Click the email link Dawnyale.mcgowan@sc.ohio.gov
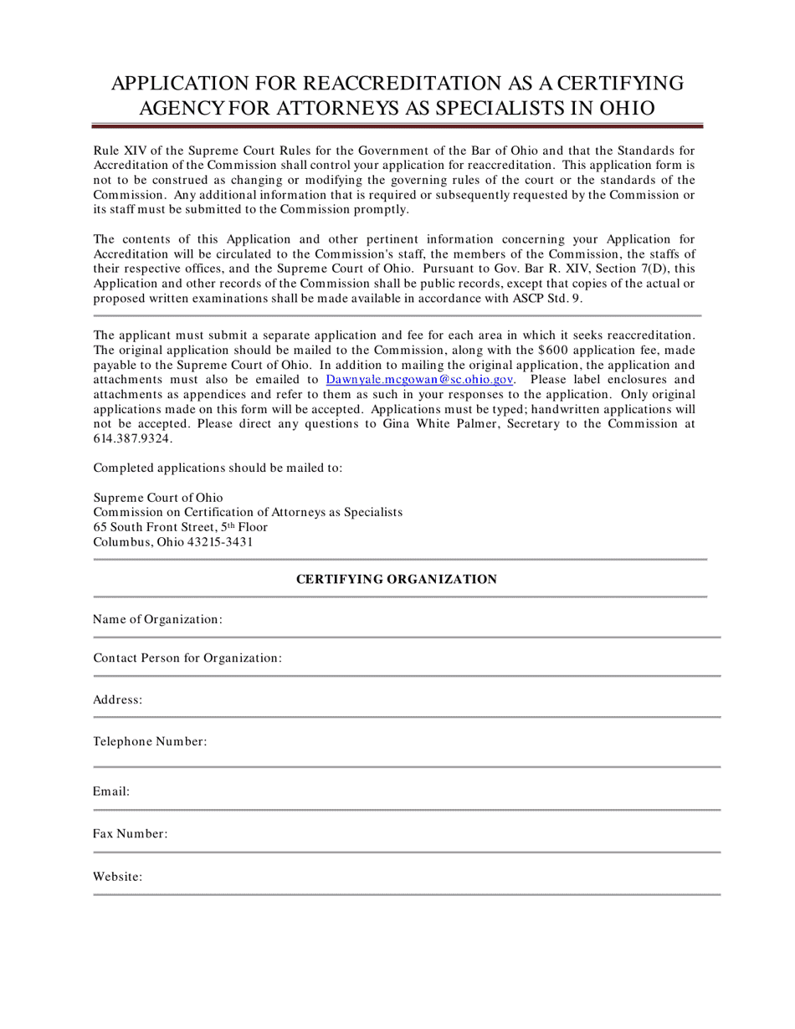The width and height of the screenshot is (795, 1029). coord(418,379)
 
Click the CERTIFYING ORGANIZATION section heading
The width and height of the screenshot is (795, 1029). coord(397,579)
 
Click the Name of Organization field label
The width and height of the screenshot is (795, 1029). coord(157,619)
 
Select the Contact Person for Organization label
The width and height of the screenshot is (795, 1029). coord(187,658)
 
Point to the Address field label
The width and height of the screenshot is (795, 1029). coord(118,699)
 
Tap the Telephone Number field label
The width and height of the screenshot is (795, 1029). coord(150,741)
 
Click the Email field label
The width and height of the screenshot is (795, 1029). coord(111,791)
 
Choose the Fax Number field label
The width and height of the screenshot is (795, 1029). coord(131,833)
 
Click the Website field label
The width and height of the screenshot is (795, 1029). coord(118,877)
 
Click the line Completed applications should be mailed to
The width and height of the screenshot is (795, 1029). coord(218,468)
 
